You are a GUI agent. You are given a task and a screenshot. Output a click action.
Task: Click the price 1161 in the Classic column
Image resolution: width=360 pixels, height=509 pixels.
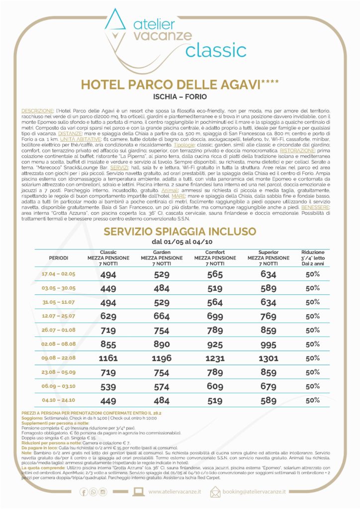click(108, 358)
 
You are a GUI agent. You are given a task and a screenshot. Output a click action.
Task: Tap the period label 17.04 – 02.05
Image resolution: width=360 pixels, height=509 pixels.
click(59, 274)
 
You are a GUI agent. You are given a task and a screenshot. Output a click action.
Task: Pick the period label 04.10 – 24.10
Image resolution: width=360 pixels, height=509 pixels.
click(59, 400)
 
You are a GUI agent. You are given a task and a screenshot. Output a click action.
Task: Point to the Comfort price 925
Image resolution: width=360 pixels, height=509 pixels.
click(215, 344)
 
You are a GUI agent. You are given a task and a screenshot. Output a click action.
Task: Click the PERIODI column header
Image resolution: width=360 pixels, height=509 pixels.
click(59, 258)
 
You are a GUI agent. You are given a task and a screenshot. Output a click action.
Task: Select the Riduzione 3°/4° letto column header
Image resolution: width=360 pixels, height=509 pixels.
click(312, 258)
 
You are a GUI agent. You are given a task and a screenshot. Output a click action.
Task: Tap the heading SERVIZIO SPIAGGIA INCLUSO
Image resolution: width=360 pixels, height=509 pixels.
click(180, 232)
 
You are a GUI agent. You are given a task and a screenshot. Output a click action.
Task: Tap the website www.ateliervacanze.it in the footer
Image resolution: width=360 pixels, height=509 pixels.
click(175, 492)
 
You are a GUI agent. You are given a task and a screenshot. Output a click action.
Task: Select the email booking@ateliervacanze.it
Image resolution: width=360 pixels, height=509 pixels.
click(254, 492)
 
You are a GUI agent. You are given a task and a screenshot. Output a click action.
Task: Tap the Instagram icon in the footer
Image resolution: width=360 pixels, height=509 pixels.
click(103, 492)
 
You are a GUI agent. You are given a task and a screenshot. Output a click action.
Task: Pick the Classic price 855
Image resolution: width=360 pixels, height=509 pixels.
click(108, 344)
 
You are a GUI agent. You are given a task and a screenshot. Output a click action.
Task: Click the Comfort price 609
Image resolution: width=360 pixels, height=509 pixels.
click(215, 386)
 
